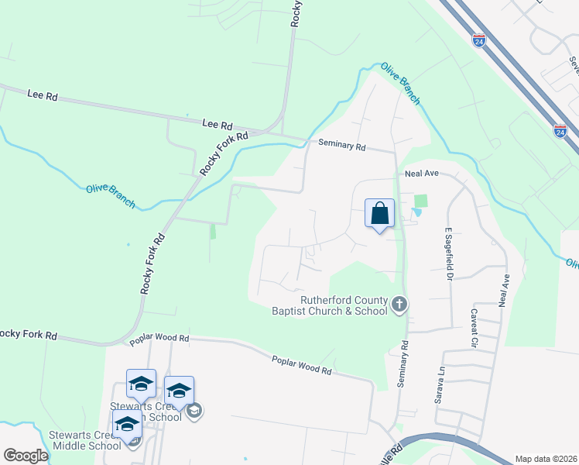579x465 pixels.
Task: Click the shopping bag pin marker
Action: click(x=379, y=214)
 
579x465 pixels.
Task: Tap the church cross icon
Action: click(x=399, y=304)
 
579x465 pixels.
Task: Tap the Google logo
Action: click(x=26, y=456)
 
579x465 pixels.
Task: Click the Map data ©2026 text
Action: click(x=545, y=459)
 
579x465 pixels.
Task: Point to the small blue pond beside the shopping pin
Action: click(x=417, y=212)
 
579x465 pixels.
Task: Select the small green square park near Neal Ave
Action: click(x=420, y=201)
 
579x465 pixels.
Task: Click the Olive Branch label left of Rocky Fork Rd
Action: click(x=110, y=197)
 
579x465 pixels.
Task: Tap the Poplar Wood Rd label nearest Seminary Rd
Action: click(x=301, y=365)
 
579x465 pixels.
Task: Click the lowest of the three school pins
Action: click(x=127, y=425)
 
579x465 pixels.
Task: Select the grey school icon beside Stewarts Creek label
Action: click(x=195, y=410)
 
